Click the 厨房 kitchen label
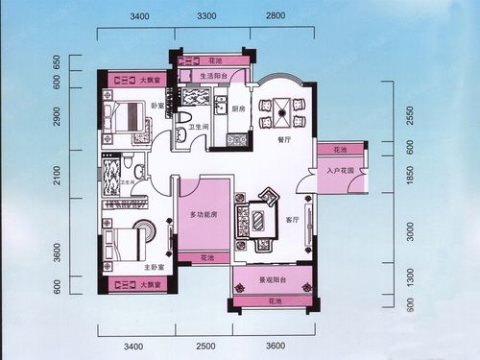[239, 108]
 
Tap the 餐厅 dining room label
[283, 140]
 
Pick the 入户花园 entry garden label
[340, 172]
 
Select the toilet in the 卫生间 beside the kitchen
[182, 119]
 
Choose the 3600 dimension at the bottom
[276, 344]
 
